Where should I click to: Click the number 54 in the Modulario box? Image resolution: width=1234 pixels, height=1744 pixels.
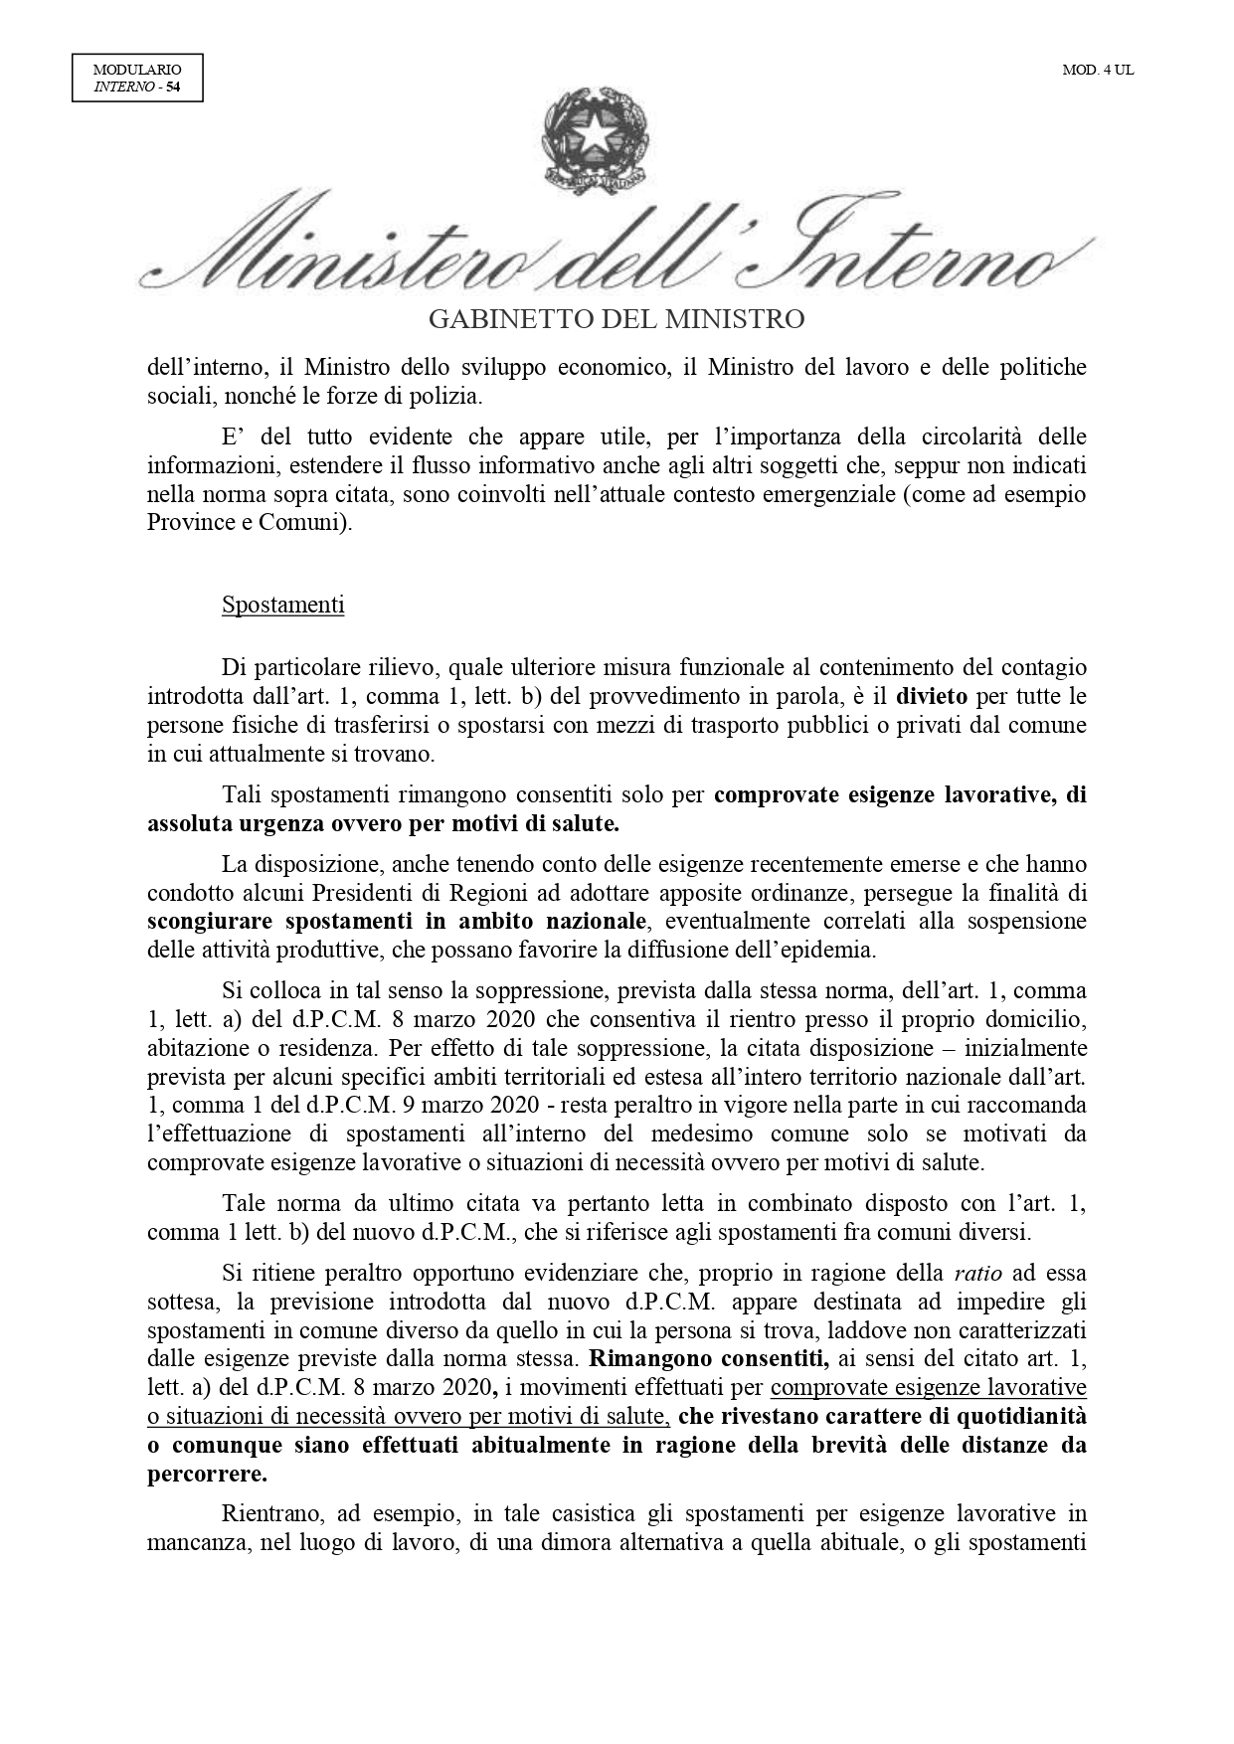(173, 87)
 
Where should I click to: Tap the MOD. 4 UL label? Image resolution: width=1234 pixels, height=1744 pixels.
(1098, 71)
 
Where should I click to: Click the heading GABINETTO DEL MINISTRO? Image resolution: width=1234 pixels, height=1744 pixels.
(616, 319)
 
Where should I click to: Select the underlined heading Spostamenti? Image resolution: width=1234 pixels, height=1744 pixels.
(283, 605)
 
